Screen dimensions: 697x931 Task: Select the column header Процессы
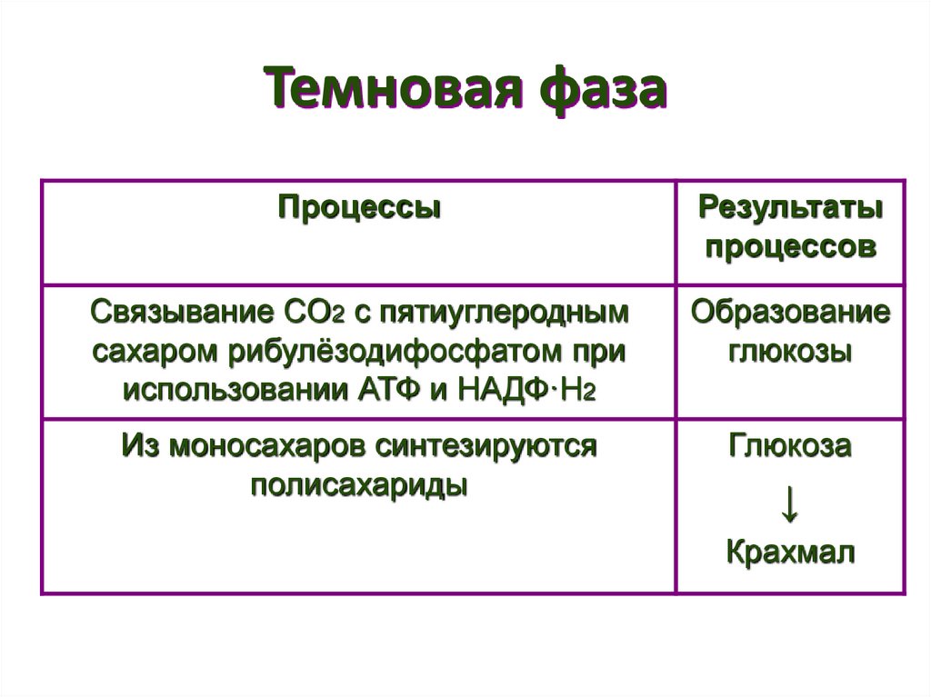click(360, 208)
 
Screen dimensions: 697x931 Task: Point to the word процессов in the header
click(790, 247)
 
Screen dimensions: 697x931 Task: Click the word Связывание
click(175, 314)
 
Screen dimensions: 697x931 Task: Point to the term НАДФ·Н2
click(525, 390)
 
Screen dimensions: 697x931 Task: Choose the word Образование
click(790, 314)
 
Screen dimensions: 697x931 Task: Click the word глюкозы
click(790, 352)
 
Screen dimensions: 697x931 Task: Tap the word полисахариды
click(360, 485)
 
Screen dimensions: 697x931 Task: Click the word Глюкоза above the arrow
click(790, 447)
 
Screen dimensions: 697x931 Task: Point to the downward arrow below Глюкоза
click(790, 504)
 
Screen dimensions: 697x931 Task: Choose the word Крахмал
click(790, 553)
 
